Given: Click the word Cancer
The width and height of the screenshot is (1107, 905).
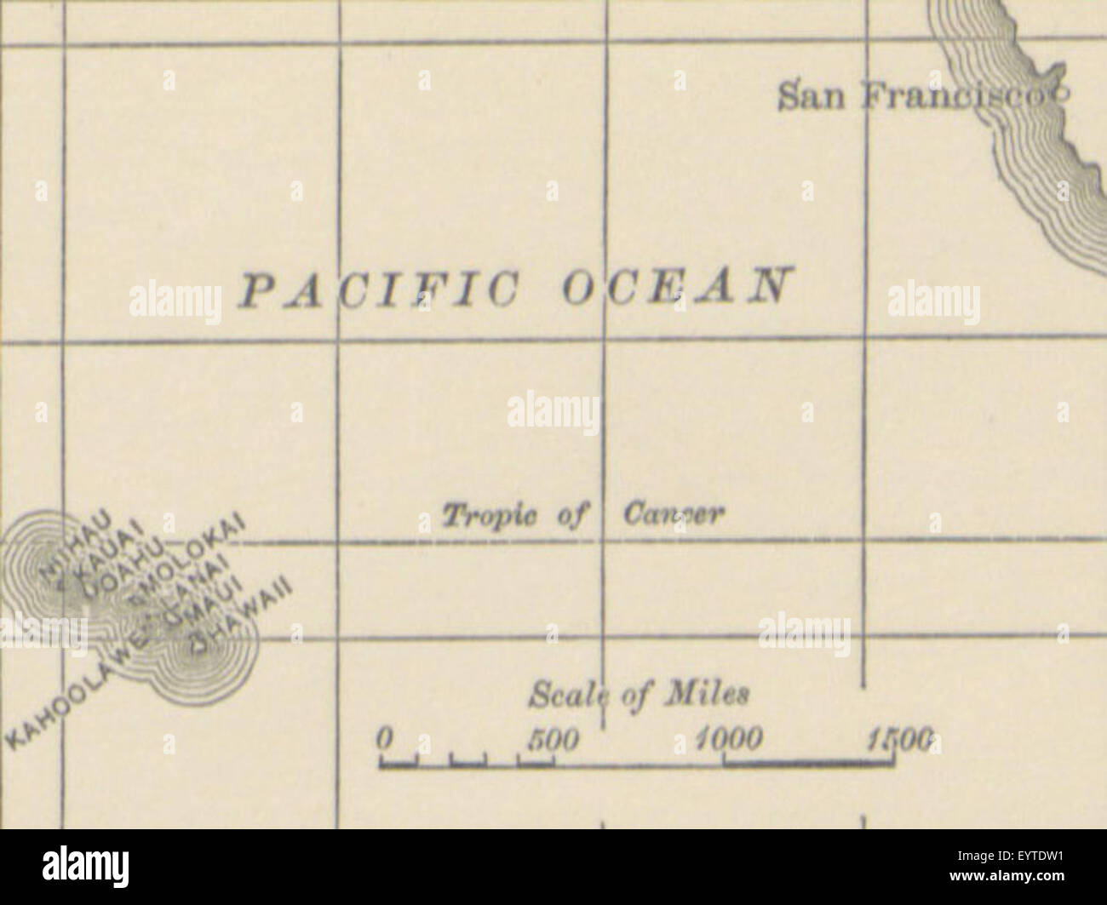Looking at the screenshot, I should (x=674, y=514).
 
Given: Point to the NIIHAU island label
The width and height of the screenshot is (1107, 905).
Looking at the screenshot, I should (x=72, y=542).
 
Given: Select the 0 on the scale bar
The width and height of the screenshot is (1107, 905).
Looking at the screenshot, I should (x=385, y=736).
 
